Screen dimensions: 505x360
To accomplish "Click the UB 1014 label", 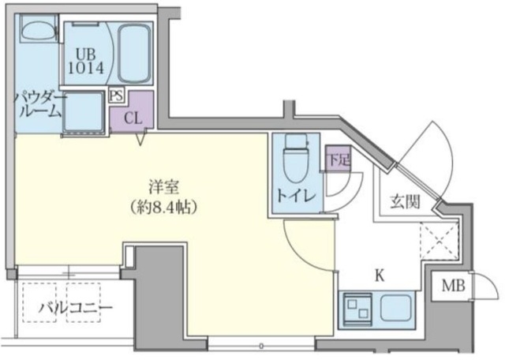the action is (86, 62).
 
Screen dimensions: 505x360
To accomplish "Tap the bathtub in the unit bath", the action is (134, 54).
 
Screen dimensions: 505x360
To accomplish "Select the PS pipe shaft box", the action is (116, 96).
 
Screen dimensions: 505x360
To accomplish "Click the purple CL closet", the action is (132, 111).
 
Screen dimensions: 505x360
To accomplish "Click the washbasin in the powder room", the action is (39, 30).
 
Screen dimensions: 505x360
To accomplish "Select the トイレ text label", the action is (296, 196).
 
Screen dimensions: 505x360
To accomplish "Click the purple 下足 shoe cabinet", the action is (338, 159).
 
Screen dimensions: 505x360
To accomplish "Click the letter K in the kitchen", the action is (380, 276).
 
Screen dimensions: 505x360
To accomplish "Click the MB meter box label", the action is (453, 286).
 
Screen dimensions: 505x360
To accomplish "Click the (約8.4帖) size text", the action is (163, 208).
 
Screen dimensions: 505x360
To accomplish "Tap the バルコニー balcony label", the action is (76, 308).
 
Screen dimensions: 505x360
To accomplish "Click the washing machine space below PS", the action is (84, 112).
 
